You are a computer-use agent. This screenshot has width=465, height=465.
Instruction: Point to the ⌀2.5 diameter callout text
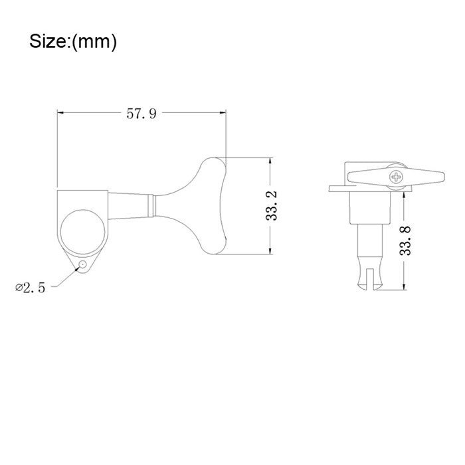[30, 288]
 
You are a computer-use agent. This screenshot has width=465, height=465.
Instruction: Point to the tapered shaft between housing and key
[132, 205]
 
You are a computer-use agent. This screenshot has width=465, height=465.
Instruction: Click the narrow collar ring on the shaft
[155, 205]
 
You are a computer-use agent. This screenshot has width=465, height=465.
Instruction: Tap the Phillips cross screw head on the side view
[397, 177]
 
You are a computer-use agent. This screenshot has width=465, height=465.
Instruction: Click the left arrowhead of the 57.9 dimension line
[61, 114]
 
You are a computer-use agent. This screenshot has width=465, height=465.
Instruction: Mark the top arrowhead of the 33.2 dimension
[270, 162]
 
